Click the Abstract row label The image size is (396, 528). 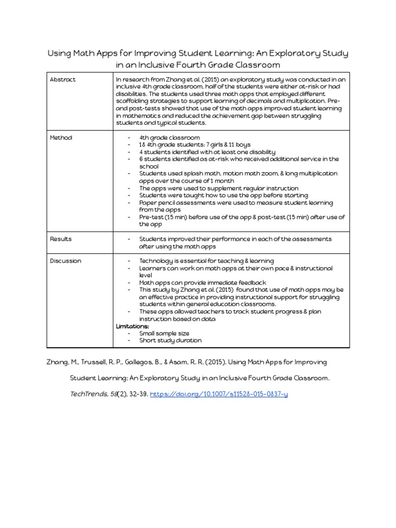62,79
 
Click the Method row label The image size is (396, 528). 61,138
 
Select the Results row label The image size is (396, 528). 61,239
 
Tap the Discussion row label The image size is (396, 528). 65,261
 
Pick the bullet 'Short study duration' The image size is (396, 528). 170,340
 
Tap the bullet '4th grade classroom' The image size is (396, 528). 169,138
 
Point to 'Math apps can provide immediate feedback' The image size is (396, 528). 203,283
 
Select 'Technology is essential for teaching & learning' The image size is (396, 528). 206,261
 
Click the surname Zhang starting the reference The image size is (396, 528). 58,362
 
